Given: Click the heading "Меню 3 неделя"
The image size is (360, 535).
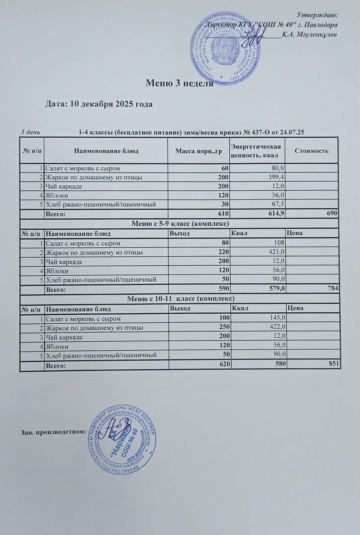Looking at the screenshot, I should click(x=179, y=83).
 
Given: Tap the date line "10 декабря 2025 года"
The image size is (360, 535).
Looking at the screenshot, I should click(x=99, y=104).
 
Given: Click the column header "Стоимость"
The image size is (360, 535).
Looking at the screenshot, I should click(x=312, y=150).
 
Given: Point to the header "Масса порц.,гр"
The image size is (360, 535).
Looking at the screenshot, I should click(x=199, y=150).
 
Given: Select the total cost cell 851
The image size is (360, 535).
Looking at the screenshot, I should click(x=333, y=365).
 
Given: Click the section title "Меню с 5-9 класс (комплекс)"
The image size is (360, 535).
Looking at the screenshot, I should click(x=180, y=224).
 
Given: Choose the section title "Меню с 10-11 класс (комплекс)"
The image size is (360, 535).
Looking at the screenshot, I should click(x=181, y=299).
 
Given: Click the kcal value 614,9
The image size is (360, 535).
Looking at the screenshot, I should click(x=276, y=214).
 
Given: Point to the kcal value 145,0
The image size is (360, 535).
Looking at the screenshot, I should click(x=277, y=318).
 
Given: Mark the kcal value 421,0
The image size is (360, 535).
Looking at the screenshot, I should click(x=277, y=252).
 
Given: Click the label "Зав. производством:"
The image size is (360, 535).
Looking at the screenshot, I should click(x=53, y=432).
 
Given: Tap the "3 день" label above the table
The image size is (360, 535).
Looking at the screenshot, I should click(x=30, y=132).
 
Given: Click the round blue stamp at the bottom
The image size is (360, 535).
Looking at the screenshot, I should click(x=122, y=440).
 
